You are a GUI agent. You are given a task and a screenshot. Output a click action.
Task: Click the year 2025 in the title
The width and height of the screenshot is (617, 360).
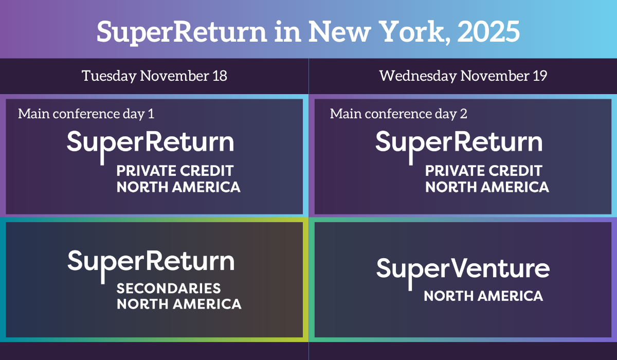coord(488,32)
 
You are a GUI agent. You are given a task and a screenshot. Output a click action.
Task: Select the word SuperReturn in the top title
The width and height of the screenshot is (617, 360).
coord(182,33)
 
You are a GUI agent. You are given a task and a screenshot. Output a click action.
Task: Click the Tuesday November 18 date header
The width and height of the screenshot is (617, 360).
coord(155,76)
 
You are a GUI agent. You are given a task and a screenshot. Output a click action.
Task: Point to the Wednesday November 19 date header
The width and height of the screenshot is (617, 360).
coord(463,76)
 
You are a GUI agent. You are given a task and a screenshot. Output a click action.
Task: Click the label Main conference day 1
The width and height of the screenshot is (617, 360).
coord(86,114)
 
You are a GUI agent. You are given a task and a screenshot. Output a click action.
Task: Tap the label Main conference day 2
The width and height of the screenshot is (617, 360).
coord(398,114)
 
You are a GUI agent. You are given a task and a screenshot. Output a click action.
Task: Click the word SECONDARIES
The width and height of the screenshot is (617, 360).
coord(169,289)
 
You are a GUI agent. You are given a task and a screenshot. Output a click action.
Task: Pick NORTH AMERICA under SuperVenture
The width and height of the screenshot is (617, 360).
coord(483,296)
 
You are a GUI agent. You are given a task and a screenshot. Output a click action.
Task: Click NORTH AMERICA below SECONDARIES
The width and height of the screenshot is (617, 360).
coord(179,304)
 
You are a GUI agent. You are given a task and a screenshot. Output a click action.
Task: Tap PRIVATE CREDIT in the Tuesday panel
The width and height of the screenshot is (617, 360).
coord(175,171)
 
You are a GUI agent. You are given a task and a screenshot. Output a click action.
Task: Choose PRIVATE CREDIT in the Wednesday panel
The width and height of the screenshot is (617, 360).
coord(484,171)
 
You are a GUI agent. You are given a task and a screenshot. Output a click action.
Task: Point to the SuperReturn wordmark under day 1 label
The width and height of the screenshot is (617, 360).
coord(150,147)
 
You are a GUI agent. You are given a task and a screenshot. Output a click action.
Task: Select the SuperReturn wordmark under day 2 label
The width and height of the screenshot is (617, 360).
coord(459,147)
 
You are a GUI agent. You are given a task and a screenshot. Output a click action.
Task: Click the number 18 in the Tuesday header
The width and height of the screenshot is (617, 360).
coord(220,76)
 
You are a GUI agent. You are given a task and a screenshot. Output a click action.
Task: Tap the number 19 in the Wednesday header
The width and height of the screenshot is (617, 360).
coord(540,76)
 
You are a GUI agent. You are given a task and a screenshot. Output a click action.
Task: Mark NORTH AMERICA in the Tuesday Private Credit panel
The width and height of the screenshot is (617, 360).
coord(178,187)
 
